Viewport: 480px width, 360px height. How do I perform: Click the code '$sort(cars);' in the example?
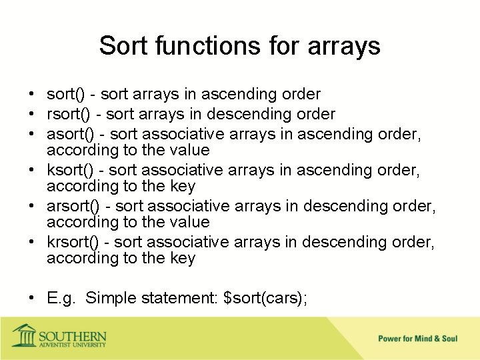[266, 298]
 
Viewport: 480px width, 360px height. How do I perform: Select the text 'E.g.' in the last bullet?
[61, 298]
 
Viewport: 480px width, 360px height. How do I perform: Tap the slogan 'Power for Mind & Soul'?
[417, 339]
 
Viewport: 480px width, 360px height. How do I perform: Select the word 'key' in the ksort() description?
[183, 186]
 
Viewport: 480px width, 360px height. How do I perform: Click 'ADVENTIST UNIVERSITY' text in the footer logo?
[71, 345]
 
